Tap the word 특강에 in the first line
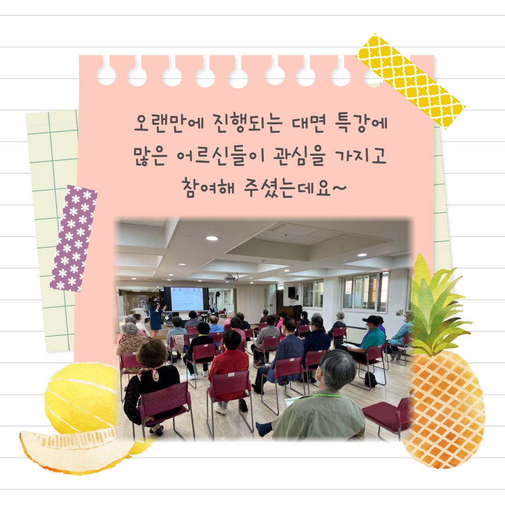(x=361, y=123)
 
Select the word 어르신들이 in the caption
(x=221, y=156)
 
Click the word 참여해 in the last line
(x=209, y=188)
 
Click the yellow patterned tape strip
(x=410, y=81)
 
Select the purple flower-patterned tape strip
(x=74, y=238)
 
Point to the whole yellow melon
(x=82, y=398)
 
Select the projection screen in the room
(x=187, y=299)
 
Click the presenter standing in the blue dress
(x=156, y=317)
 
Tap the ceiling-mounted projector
(x=231, y=277)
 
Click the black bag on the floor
(x=370, y=380)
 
